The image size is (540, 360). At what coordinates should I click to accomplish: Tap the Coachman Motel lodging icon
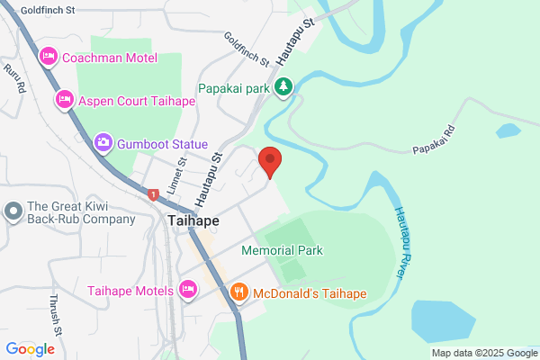pos(49,58)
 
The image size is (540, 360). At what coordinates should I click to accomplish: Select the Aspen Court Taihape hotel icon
pos(64,99)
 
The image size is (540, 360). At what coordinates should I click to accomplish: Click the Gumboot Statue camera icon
pos(103,143)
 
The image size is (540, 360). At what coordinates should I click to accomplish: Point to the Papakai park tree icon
pos(284,87)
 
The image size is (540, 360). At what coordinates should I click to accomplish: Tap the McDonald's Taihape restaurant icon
pos(239,292)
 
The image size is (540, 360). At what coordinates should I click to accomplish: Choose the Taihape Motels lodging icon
pos(187,290)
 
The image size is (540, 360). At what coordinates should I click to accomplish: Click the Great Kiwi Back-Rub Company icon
pos(13,211)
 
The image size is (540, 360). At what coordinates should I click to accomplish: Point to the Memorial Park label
pos(282,250)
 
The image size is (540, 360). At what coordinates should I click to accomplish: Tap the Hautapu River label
pos(402,240)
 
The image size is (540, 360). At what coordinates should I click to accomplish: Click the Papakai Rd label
pos(436,148)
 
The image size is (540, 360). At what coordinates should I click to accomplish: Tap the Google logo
pos(30,349)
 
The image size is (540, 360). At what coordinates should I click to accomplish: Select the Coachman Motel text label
pos(109,58)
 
